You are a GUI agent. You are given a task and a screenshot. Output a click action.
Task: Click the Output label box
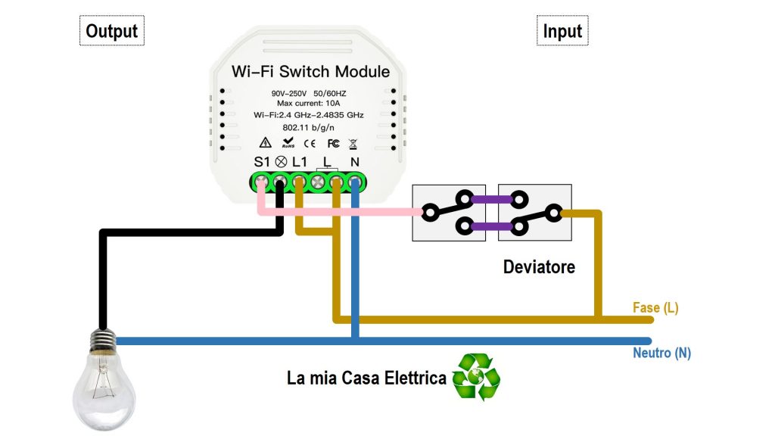point(111,31)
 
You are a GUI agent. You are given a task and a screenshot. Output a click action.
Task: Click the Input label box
point(562,31)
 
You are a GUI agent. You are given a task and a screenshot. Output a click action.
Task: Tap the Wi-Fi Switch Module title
point(310,72)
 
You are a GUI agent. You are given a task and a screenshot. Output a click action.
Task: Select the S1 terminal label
point(261,162)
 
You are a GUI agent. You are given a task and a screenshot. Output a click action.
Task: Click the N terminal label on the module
point(354,162)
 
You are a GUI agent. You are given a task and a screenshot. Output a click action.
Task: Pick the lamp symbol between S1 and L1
point(280,162)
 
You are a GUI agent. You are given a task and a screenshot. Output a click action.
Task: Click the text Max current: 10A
point(308,103)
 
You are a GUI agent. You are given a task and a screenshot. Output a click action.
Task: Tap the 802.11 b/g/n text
point(308,127)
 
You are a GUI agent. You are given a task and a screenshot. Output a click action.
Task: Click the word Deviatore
point(539,267)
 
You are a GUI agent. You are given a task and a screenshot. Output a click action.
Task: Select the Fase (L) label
point(655,308)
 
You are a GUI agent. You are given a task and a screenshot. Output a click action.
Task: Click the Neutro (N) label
point(661,353)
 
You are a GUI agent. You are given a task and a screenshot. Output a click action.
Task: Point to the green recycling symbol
point(476,376)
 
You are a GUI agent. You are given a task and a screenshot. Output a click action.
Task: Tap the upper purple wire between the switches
point(491,201)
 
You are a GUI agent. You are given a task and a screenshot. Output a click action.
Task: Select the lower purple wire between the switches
point(491,225)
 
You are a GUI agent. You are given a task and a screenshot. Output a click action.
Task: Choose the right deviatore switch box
point(534,213)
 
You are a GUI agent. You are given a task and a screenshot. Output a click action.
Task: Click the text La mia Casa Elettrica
point(366,378)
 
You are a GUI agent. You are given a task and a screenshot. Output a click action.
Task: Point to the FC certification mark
point(332,143)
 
